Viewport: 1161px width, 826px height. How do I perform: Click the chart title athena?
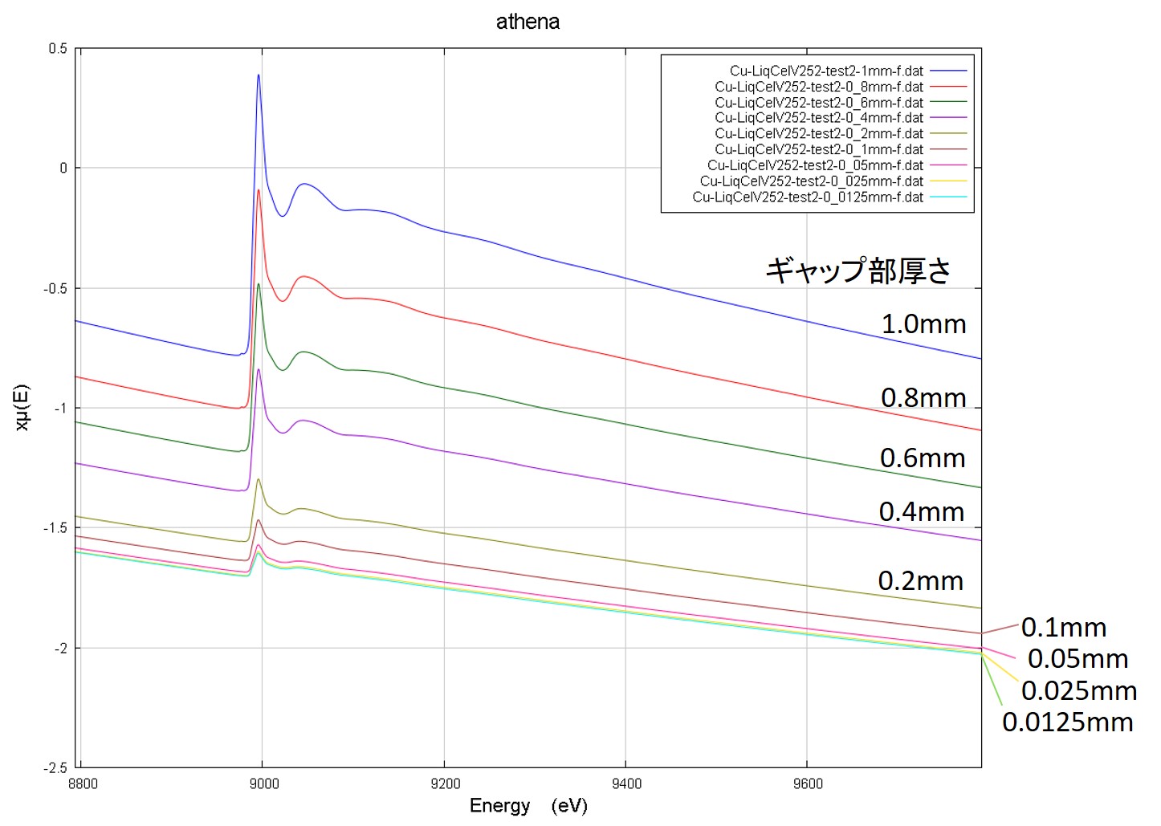coord(528,22)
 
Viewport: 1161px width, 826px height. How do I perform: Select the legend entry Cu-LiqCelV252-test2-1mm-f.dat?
coord(826,71)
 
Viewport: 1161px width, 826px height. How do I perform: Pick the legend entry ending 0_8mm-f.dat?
coord(819,87)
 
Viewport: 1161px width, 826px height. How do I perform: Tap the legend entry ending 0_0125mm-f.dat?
coord(808,197)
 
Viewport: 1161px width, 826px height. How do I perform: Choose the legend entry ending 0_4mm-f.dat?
coord(819,118)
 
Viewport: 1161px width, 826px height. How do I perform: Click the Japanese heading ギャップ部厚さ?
coord(858,271)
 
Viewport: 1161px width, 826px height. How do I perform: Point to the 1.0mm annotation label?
coord(923,324)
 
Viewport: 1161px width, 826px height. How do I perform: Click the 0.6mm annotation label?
coord(923,458)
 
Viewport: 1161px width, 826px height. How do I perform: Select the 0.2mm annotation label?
coord(920,581)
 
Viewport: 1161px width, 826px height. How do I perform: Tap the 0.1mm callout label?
coord(1064,628)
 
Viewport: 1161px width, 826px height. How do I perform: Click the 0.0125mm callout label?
coord(1067,722)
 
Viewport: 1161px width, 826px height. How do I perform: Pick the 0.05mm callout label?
coord(1077,659)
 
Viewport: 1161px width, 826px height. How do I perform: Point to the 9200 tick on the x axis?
coord(444,784)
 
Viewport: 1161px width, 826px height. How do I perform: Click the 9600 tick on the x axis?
coord(807,784)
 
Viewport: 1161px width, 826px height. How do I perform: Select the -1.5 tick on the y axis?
coord(55,528)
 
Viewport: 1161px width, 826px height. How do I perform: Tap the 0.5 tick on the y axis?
coord(58,49)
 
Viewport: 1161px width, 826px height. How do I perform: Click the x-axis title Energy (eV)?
coord(528,806)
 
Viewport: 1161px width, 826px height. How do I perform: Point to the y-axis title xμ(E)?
coord(22,408)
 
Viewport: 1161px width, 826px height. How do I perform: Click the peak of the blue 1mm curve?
coord(259,75)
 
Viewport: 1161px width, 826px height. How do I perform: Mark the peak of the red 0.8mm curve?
coord(259,190)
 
